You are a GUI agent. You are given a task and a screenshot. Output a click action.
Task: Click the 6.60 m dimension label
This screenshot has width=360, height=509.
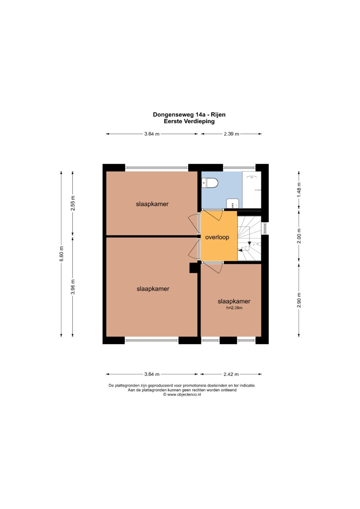tap(62, 254)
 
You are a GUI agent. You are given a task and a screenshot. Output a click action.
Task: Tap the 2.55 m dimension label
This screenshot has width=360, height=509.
tap(73, 203)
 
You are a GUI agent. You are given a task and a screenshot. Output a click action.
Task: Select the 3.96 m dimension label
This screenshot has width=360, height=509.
tap(73, 287)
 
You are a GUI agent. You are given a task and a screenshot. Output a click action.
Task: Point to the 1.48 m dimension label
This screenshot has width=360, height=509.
tap(299, 190)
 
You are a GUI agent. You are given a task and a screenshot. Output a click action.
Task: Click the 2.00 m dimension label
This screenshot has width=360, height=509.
tap(299, 236)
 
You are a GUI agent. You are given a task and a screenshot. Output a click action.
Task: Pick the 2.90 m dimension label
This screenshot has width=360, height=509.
tap(299, 300)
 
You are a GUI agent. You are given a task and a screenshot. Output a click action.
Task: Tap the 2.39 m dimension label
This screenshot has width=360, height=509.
tap(231, 134)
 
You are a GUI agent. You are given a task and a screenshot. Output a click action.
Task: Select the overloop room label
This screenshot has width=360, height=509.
tap(217, 237)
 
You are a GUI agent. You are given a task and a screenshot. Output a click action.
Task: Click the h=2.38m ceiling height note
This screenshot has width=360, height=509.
tap(234, 308)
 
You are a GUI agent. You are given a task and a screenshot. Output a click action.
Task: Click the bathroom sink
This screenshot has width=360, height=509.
tap(233, 203)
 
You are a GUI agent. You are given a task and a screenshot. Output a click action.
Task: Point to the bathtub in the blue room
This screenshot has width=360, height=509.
tap(252, 190)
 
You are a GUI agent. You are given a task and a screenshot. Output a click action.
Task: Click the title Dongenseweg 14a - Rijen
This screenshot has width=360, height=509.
tap(189, 115)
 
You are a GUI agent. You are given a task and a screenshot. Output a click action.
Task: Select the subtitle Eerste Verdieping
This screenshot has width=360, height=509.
tap(189, 121)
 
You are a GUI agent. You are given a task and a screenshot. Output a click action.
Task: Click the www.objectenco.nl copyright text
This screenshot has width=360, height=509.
tap(182, 394)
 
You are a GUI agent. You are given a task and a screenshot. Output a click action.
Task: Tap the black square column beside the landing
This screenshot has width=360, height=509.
tap(193, 268)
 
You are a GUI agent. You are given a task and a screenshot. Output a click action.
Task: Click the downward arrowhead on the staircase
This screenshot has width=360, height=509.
tap(249, 243)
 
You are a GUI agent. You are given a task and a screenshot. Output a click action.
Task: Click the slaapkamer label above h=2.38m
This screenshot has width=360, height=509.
tap(234, 301)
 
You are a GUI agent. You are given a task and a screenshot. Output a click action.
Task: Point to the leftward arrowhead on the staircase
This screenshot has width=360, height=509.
tap(240, 250)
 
